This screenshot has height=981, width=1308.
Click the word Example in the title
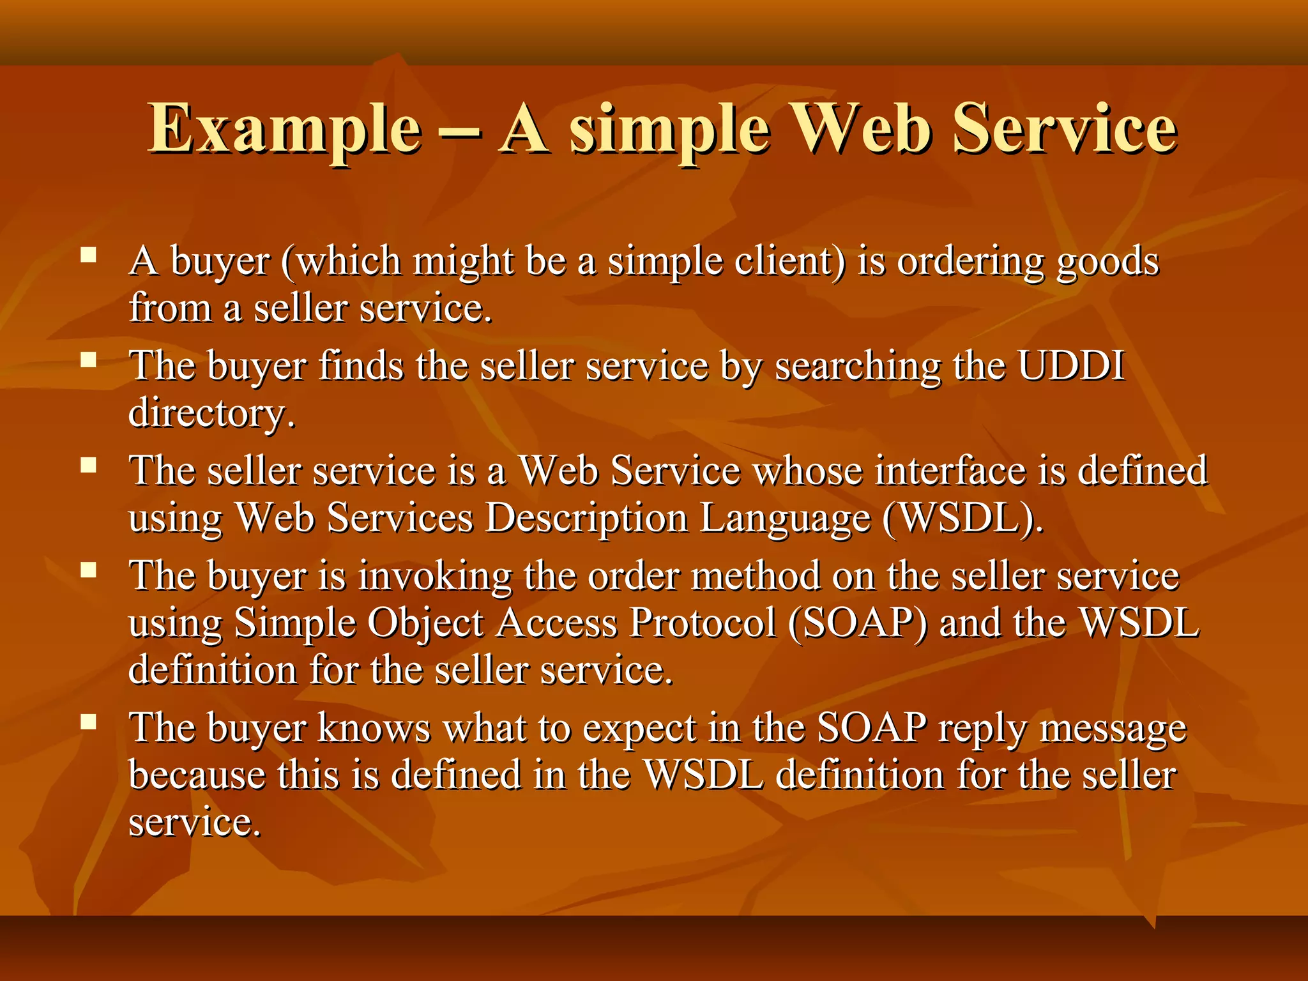285,130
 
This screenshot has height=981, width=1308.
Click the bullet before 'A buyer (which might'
88,256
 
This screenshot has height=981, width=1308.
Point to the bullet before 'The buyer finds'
88,361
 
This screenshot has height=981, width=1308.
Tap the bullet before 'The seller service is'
88,466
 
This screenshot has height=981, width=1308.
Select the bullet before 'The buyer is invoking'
88,570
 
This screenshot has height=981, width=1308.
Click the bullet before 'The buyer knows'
88,722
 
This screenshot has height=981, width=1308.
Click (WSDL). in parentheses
962,517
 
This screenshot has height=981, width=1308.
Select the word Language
785,519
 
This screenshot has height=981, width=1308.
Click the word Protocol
702,622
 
